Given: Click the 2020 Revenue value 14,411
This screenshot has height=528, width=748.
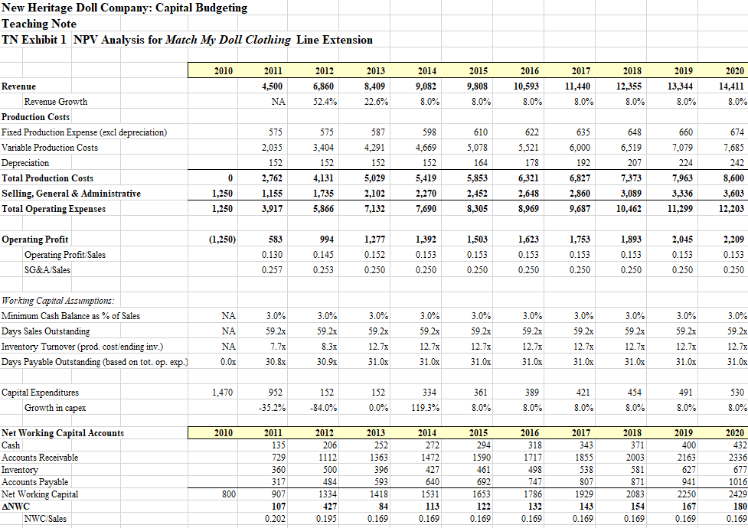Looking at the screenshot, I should (x=733, y=86).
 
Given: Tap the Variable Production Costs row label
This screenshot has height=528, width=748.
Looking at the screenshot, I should (x=51, y=148).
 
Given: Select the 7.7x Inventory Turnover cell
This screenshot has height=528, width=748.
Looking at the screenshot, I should (x=275, y=347).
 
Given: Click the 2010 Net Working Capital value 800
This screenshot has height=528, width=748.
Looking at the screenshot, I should (x=227, y=494).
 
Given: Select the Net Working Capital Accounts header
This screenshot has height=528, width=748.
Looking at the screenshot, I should (x=63, y=433).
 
